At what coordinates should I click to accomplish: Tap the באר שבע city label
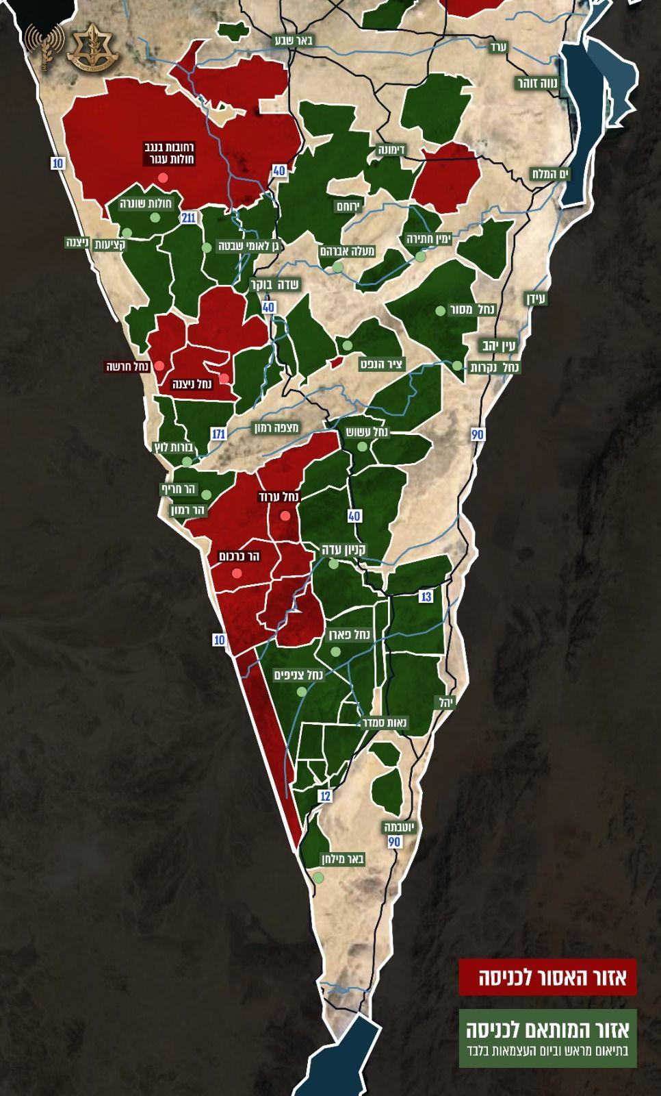(294, 40)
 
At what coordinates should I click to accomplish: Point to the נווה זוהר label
(538, 83)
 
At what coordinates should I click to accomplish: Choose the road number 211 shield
(189, 218)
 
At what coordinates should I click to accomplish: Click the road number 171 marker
(218, 434)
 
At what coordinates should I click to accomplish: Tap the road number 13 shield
(426, 597)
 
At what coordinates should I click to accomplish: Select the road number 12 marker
(325, 796)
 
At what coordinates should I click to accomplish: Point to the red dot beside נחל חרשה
(159, 366)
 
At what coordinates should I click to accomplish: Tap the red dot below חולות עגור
(163, 177)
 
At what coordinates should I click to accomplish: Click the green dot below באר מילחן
(318, 877)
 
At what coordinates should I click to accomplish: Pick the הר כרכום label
(236, 556)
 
